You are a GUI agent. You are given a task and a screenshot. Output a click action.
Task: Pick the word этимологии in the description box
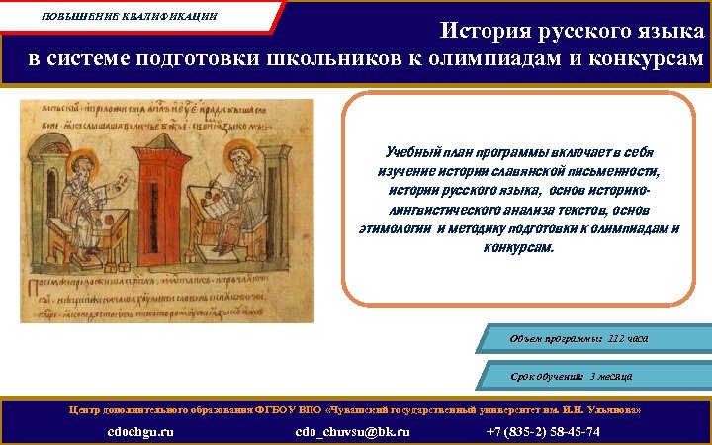point(393,228)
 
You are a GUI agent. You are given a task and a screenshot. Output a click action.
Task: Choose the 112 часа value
point(628,338)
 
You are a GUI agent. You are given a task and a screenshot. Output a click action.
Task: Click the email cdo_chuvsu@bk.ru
point(352,432)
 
